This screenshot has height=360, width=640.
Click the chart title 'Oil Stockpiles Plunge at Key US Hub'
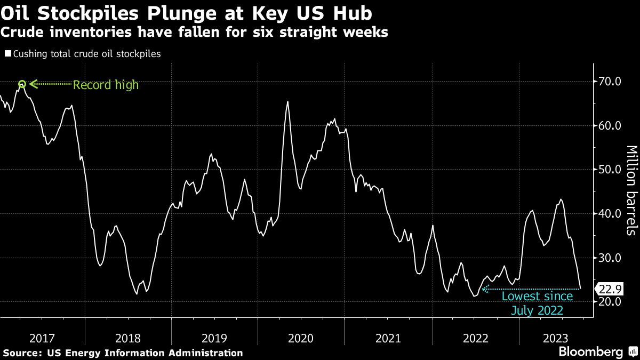pyautogui.click(x=186, y=13)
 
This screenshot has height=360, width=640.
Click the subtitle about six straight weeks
pyautogui.click(x=194, y=33)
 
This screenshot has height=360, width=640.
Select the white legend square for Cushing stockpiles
pyautogui.click(x=7, y=54)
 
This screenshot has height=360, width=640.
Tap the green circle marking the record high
pyautogui.click(x=22, y=84)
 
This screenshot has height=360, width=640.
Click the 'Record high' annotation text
pyautogui.click(x=106, y=85)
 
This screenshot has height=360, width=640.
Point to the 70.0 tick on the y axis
pyautogui.click(x=610, y=82)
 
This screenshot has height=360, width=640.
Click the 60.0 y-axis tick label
pyautogui.click(x=610, y=126)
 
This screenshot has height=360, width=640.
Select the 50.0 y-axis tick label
pyautogui.click(x=610, y=170)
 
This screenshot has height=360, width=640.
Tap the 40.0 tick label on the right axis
pyautogui.click(x=610, y=214)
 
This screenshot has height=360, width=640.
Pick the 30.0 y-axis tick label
pyautogui.click(x=610, y=258)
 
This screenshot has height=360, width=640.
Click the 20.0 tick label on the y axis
pyautogui.click(x=610, y=302)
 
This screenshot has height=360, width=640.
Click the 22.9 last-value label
pyautogui.click(x=610, y=289)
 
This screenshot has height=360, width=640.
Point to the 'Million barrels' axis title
pyautogui.click(x=631, y=190)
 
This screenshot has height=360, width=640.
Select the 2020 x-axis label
pyautogui.click(x=301, y=338)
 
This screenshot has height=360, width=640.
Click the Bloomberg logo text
pyautogui.click(x=590, y=352)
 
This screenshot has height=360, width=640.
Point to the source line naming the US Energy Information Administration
pyautogui.click(x=123, y=353)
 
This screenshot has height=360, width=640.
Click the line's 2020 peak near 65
pyautogui.click(x=288, y=102)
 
